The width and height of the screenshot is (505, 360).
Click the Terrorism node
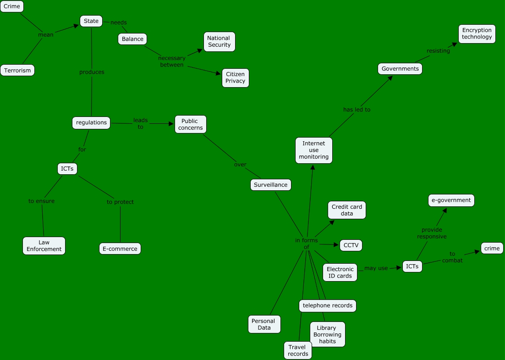point(17,70)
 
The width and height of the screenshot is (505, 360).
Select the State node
point(91,21)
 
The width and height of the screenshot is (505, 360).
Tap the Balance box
point(132,39)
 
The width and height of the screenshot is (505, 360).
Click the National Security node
point(220,42)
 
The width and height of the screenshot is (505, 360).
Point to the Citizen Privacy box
point(235,78)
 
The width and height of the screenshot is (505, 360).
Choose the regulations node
point(91,123)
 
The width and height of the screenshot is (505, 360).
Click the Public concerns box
point(191,124)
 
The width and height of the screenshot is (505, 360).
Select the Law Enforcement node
point(44,246)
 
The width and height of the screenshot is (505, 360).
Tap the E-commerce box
point(120,249)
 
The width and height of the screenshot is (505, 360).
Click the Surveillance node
point(271,185)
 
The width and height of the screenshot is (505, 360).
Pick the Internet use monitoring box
point(314,150)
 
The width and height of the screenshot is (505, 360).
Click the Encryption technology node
point(477,34)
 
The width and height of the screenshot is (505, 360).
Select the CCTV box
point(351,245)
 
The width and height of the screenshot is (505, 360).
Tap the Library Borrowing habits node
point(327,334)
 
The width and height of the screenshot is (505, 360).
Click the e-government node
point(451,200)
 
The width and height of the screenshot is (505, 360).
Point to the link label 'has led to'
point(357,110)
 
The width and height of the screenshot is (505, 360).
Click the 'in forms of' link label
point(307,244)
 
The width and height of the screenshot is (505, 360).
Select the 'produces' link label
point(92,72)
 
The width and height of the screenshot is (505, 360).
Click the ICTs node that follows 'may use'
point(412,266)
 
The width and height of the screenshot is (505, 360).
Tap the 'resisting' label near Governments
point(438,51)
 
